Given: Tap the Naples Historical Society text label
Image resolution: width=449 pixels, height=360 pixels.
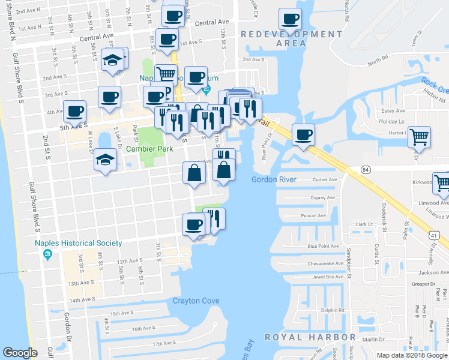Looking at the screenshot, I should (x=78, y=243).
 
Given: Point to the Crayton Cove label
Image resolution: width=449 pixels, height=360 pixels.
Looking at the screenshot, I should (x=196, y=301).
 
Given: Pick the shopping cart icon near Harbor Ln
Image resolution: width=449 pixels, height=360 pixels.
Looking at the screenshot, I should (x=420, y=137).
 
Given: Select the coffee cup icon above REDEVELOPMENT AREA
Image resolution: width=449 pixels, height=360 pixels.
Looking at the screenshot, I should (x=291, y=19).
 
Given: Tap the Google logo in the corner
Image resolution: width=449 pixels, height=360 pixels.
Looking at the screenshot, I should (x=20, y=353).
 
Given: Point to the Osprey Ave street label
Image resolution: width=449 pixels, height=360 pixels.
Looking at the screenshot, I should (x=322, y=197).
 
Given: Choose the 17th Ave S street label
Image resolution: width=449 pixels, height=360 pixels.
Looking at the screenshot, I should (x=163, y=343).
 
